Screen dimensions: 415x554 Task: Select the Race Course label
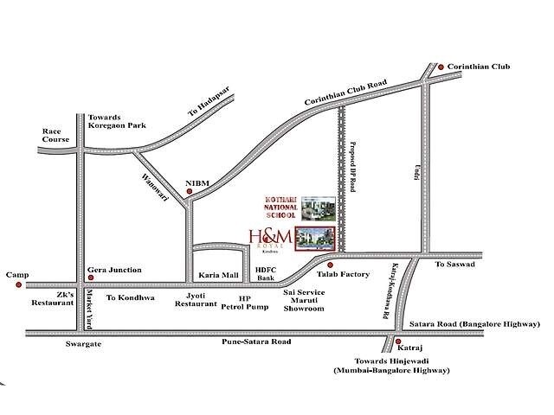click(55, 134)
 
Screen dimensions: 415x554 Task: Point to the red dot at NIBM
click(189, 192)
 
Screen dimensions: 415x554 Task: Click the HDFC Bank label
click(265, 273)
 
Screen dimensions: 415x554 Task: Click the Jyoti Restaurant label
click(195, 299)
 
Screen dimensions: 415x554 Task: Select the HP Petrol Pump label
click(245, 302)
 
